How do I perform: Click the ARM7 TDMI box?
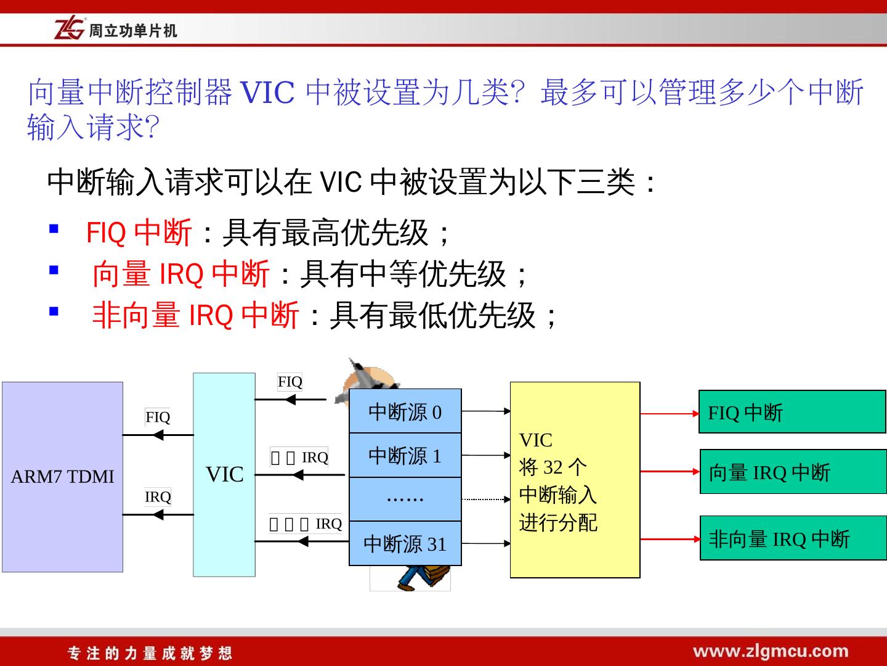62,477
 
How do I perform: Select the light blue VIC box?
224,474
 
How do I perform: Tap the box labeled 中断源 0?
405,411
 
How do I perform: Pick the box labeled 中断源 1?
405,455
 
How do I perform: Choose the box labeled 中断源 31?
405,543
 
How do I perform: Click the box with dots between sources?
405,498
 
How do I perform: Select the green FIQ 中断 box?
792,412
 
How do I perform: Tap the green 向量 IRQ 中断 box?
793,472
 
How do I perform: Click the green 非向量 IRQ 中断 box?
793,538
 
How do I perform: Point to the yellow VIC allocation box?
575,480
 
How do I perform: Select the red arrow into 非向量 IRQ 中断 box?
670,539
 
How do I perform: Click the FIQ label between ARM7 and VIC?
158,417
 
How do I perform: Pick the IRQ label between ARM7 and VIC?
158,496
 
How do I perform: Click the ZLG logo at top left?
69,29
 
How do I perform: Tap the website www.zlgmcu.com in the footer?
771,651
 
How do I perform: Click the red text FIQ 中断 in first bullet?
139,232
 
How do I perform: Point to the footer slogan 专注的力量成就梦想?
150,653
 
